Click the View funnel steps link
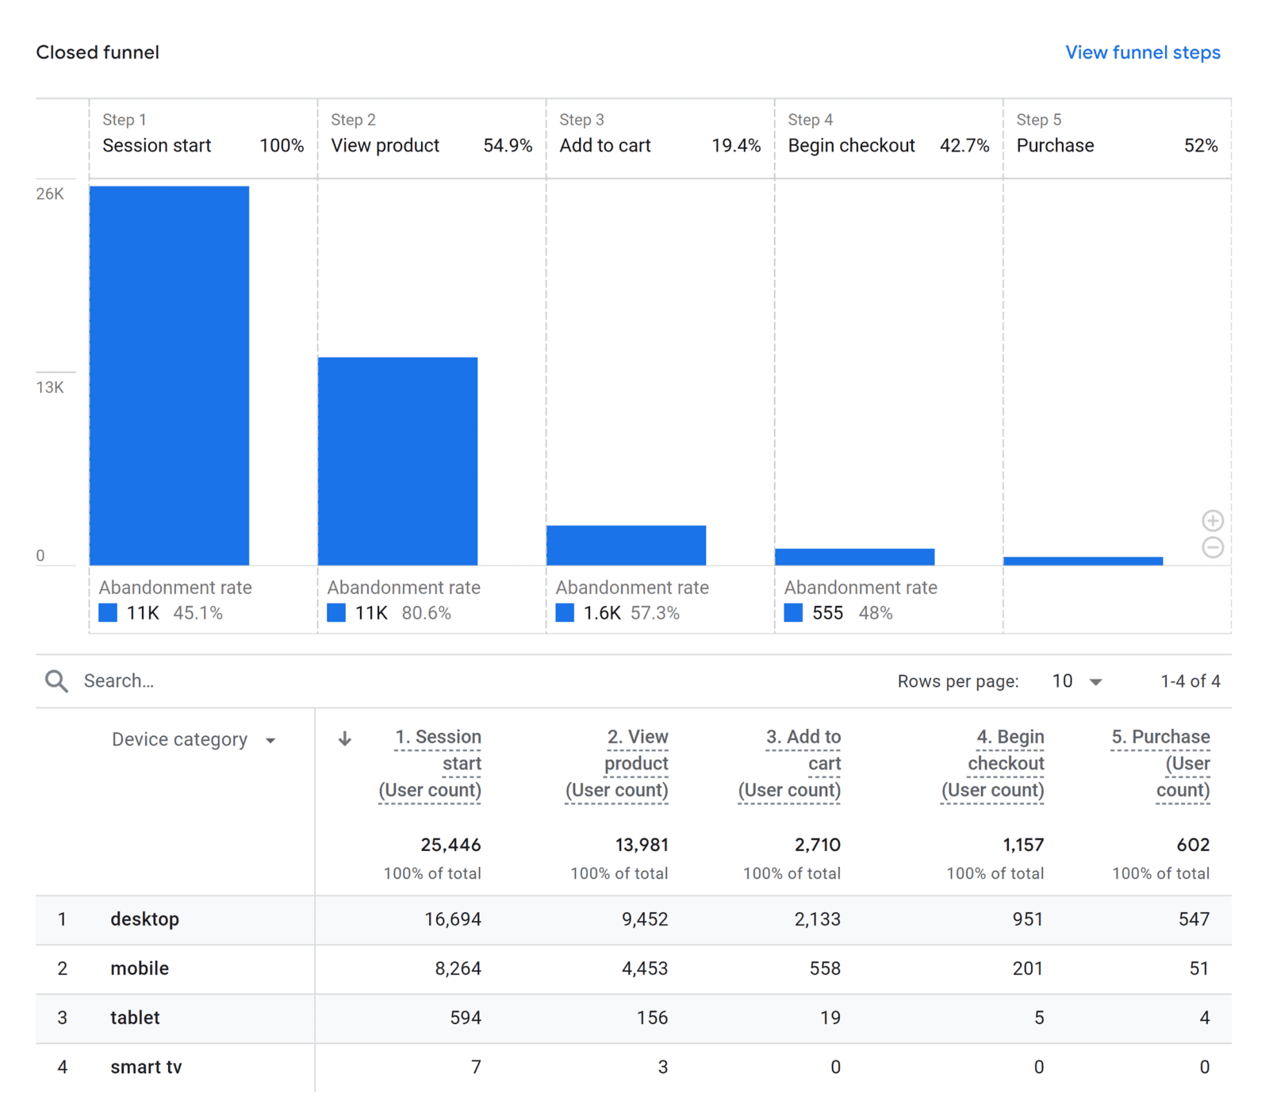1142,52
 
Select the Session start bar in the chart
169,375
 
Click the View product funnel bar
397,461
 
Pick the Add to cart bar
626,545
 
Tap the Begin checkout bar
854,557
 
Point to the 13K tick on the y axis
50,387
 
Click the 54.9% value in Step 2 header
508,146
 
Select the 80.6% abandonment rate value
426,613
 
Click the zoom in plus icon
1212,520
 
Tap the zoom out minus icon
1212,547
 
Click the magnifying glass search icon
56,681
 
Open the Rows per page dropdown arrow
1095,681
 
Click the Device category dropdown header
193,740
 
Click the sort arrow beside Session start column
344,738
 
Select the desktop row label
144,919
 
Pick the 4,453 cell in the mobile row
644,968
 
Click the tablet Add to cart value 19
830,1018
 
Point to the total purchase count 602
1193,845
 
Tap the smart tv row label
146,1067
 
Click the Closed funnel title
98,52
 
